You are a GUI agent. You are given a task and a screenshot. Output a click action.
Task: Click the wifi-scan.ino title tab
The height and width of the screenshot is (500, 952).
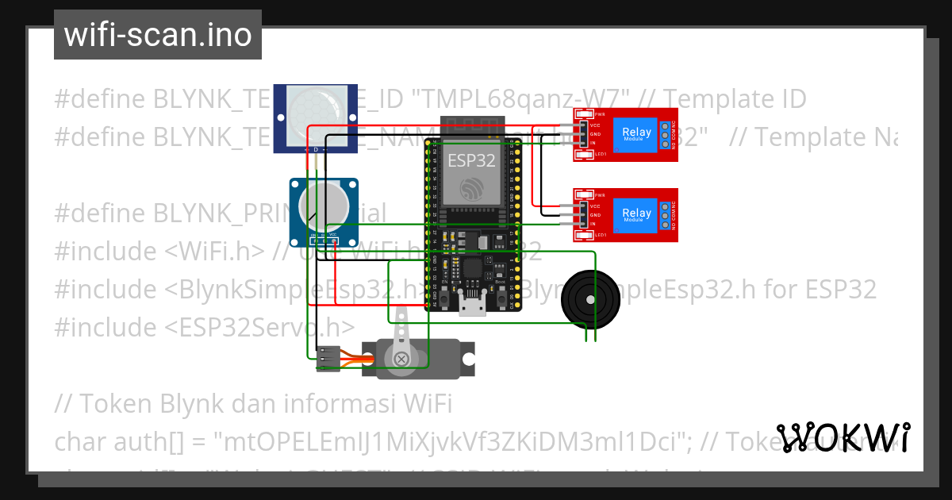(x=158, y=35)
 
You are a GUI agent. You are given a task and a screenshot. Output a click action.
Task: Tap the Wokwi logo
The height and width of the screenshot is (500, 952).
(x=843, y=437)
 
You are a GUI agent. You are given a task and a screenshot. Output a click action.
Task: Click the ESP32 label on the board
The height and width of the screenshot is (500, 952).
(x=471, y=160)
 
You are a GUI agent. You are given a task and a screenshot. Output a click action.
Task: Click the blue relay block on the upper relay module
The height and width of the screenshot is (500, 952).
(x=636, y=135)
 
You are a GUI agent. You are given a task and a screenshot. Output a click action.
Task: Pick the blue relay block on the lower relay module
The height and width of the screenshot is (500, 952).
(x=636, y=215)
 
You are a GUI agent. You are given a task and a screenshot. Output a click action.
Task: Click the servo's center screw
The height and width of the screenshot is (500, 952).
(x=402, y=359)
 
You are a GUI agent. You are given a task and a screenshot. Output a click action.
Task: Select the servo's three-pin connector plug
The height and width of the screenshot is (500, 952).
(x=328, y=360)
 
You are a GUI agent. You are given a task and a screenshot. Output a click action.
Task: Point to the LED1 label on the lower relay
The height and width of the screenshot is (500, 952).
(x=601, y=235)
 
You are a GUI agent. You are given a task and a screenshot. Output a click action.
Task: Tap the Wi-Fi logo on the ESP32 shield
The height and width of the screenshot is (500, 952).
(x=471, y=187)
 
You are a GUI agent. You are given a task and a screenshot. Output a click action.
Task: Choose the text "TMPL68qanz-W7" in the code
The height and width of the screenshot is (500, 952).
(x=522, y=100)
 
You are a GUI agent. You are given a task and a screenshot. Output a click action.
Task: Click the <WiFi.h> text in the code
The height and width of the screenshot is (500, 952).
(x=215, y=252)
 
